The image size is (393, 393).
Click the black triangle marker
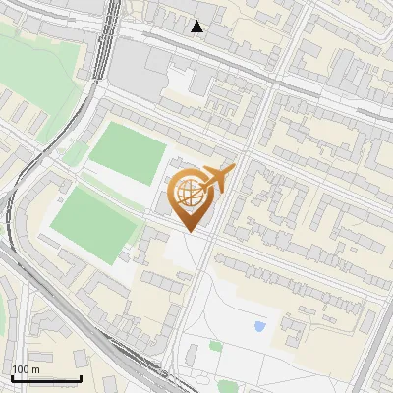pyautogui.click(x=197, y=27)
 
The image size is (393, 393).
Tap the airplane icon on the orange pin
pyautogui.click(x=218, y=179)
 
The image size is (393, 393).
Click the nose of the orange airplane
pyautogui.click(x=234, y=169)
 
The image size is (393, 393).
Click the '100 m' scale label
pyautogui.click(x=26, y=368)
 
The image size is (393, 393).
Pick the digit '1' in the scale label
pyautogui.click(x=15, y=368)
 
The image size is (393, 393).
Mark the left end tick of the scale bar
pyautogui.click(x=12, y=378)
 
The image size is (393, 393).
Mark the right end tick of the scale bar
pyautogui.click(x=81, y=378)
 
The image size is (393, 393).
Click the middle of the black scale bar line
pyautogui.click(x=46, y=379)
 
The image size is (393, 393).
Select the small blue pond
pyautogui.click(x=259, y=326)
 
